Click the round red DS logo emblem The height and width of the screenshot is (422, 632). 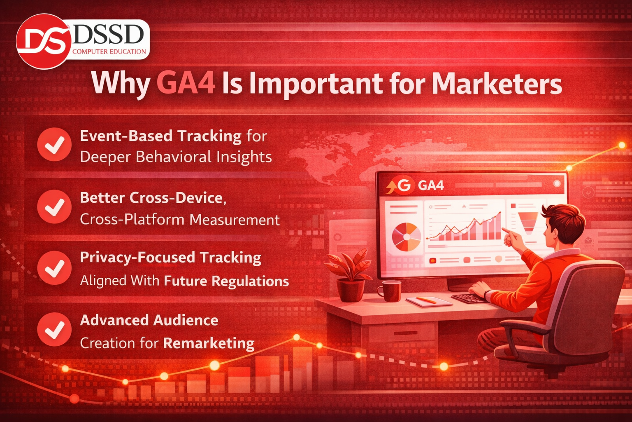[43, 41]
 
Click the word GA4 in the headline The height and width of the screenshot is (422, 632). [186, 83]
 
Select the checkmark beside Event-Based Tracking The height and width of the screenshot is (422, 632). [54, 144]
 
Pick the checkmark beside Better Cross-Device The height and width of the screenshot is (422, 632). [54, 206]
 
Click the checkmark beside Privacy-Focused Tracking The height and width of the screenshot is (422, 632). [54, 268]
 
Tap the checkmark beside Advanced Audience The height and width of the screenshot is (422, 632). [54, 330]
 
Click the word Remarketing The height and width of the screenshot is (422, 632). [209, 344]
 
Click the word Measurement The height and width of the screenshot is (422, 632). [235, 220]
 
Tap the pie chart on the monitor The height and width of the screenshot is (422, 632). [407, 237]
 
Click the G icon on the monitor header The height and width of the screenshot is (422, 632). [404, 186]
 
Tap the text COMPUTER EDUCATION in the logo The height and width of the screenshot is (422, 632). [109, 52]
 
